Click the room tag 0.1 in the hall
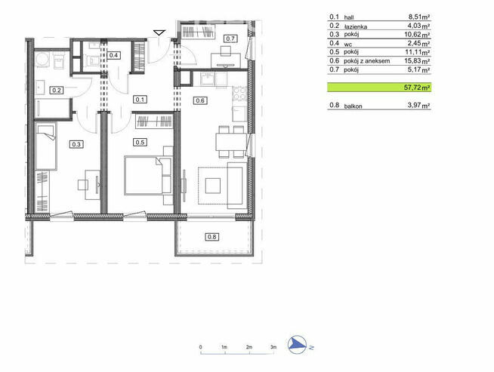click(x=140, y=100)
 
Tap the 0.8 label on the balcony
click(x=211, y=237)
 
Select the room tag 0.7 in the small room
click(x=230, y=38)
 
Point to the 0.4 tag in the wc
click(x=113, y=55)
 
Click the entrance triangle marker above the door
click(x=159, y=32)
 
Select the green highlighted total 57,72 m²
click(x=379, y=88)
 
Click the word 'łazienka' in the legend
click(x=355, y=26)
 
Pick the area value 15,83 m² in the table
click(x=417, y=60)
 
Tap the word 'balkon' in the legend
click(x=353, y=106)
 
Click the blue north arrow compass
click(x=297, y=344)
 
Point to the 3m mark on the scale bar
click(x=273, y=347)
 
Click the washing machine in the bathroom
click(x=42, y=59)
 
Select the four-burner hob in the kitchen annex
click(x=239, y=94)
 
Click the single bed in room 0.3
click(x=46, y=146)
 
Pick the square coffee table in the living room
click(x=213, y=186)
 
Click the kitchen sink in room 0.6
click(x=207, y=78)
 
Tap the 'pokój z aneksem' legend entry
click(x=366, y=60)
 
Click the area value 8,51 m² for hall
click(x=418, y=17)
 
